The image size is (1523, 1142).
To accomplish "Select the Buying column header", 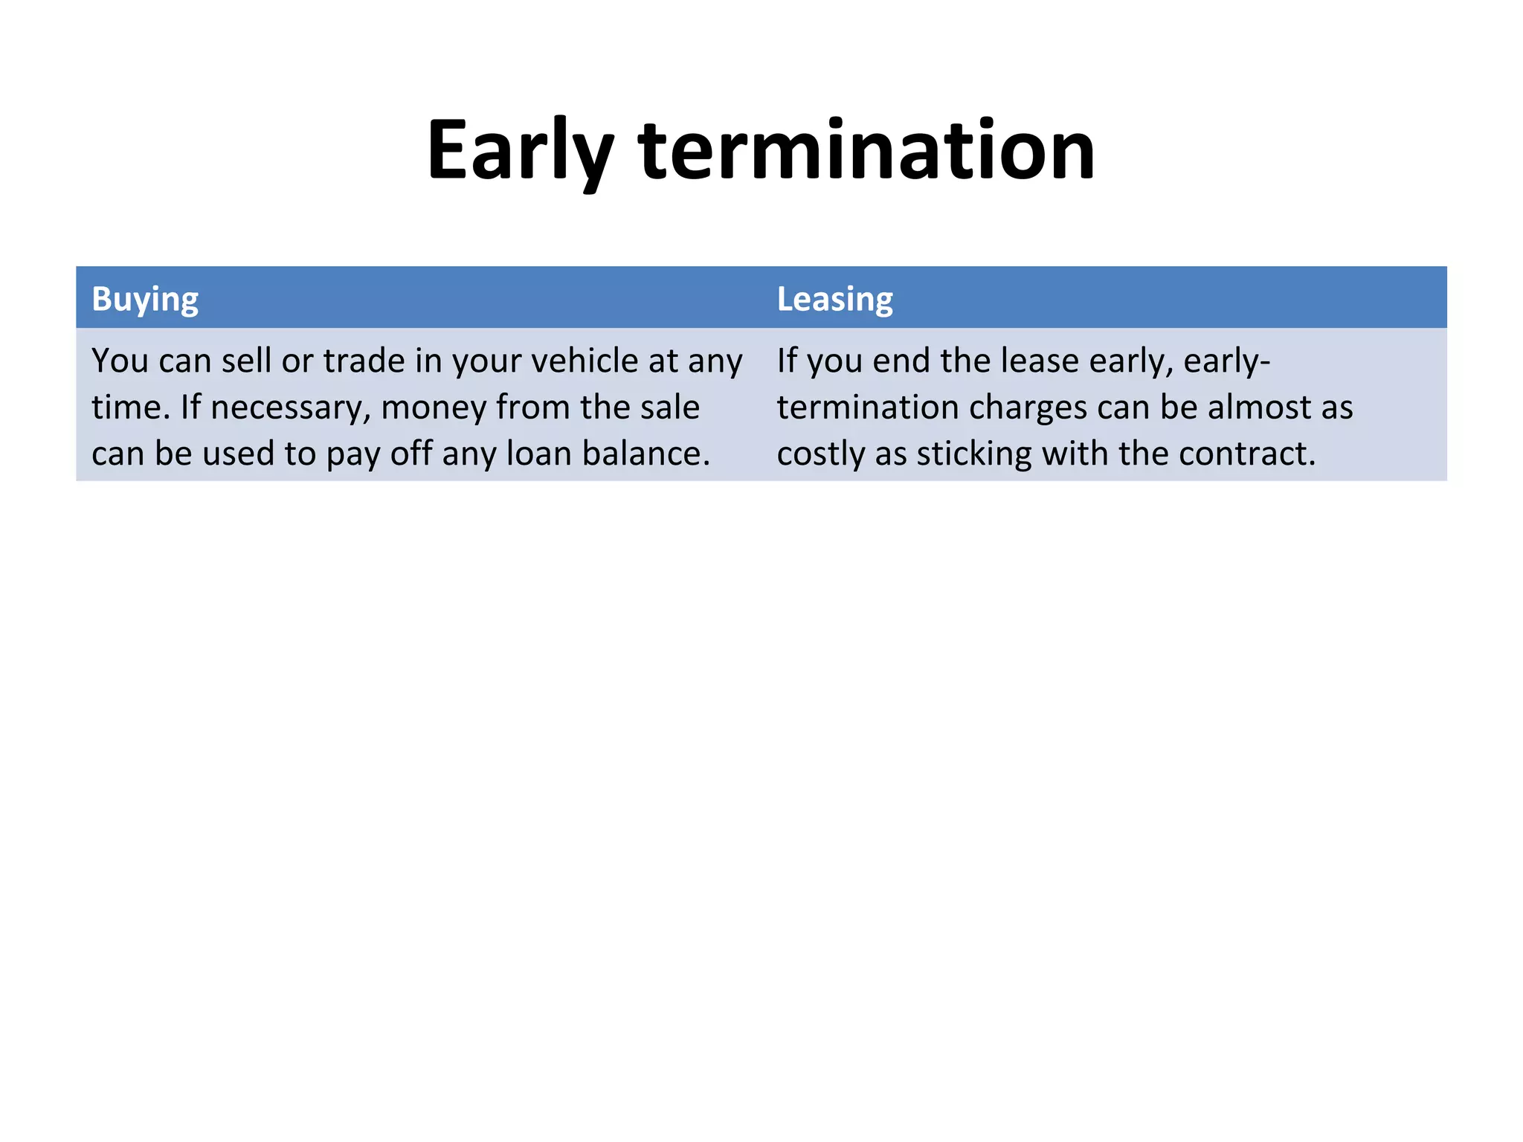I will pyautogui.click(x=145, y=299).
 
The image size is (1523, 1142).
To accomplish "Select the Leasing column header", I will pyautogui.click(x=834, y=299).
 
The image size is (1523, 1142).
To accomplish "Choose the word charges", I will pyautogui.click(x=1023, y=408).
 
